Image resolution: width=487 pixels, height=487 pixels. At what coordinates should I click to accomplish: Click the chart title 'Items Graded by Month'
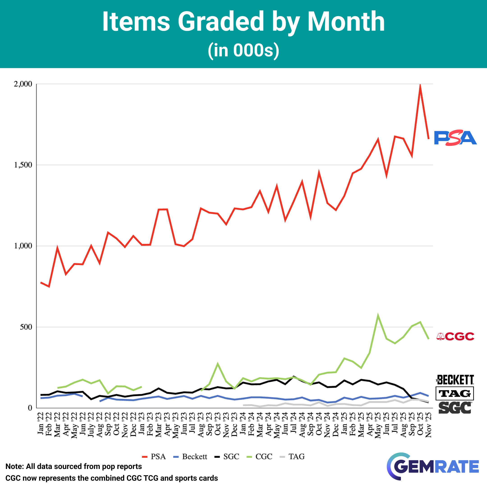[x=243, y=22]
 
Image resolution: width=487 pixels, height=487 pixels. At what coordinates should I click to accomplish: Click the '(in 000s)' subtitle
[x=243, y=51]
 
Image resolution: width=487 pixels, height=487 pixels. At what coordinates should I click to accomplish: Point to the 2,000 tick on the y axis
[x=23, y=84]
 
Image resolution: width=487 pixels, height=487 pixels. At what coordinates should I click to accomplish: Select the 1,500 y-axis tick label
[x=23, y=165]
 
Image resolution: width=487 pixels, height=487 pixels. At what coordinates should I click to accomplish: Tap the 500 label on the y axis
[x=26, y=327]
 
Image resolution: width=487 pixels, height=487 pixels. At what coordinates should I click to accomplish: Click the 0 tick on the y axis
[x=30, y=408]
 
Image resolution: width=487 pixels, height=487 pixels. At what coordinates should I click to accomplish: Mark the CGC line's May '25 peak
[x=378, y=315]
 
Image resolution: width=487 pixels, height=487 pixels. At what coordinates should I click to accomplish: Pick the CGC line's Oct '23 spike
[x=218, y=364]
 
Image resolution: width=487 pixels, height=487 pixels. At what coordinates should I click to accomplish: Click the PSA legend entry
[x=154, y=457]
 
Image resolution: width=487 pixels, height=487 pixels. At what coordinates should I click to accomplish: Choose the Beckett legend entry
[x=191, y=457]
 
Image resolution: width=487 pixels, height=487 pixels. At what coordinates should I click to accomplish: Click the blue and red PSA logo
[x=455, y=138]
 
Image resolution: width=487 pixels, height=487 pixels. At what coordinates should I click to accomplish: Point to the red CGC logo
[x=455, y=337]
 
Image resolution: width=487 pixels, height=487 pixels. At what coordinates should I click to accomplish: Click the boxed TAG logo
[x=455, y=393]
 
